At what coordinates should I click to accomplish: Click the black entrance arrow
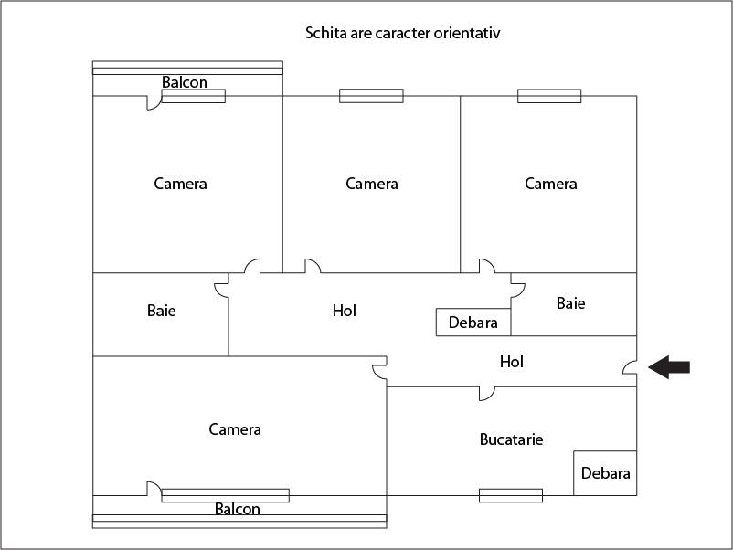click(x=669, y=367)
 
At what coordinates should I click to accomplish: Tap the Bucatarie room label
click(x=511, y=439)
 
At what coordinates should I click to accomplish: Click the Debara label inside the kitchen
click(x=605, y=473)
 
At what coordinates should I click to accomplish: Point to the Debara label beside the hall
click(x=473, y=323)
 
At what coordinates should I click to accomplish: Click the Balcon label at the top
click(x=185, y=82)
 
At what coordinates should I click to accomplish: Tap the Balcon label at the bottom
click(x=237, y=508)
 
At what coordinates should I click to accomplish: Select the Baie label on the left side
click(x=161, y=311)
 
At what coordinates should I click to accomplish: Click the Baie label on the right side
click(x=571, y=303)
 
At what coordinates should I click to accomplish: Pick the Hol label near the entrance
click(x=512, y=362)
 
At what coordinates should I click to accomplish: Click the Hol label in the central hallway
click(x=345, y=311)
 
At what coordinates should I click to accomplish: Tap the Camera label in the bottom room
click(x=235, y=429)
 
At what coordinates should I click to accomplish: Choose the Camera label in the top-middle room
click(x=372, y=184)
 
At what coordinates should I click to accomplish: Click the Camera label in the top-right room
click(x=551, y=184)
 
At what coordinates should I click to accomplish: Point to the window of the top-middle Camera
click(x=371, y=96)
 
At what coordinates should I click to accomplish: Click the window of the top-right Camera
click(x=549, y=96)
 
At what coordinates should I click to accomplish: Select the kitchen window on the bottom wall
click(x=511, y=495)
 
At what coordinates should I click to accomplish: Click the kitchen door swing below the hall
click(x=487, y=394)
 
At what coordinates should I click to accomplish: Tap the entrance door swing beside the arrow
click(x=630, y=367)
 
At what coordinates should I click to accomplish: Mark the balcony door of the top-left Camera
click(x=154, y=103)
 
